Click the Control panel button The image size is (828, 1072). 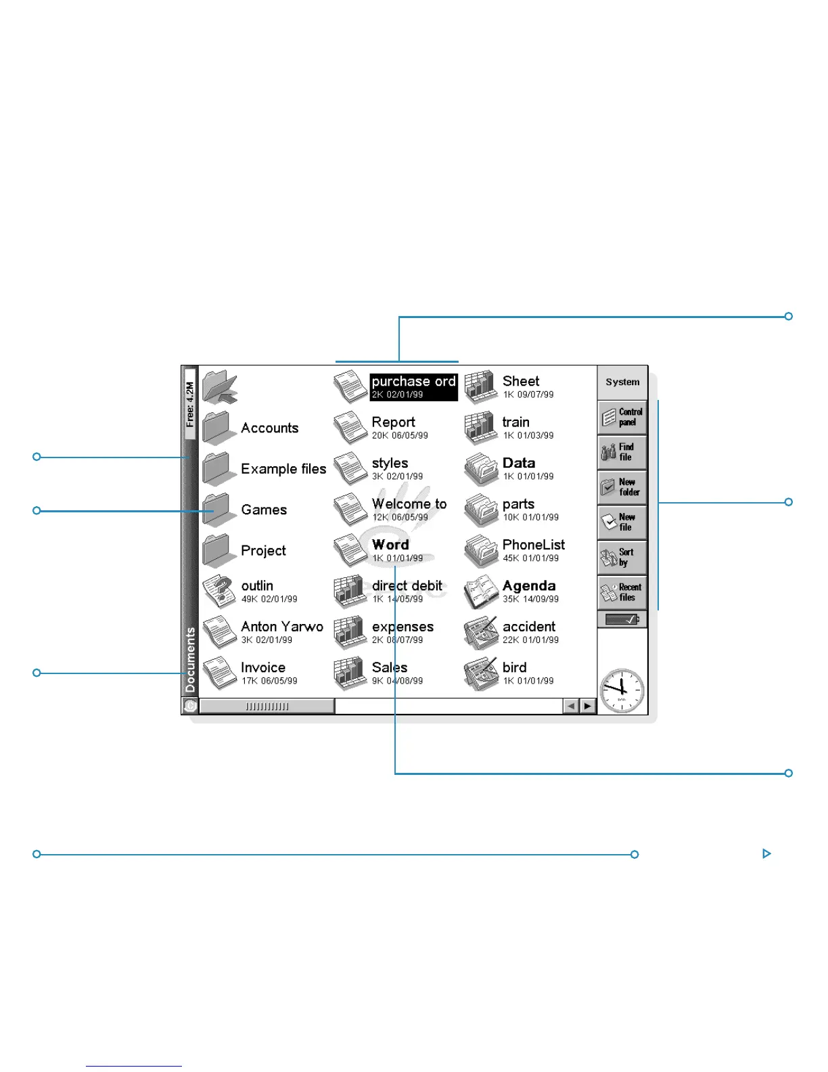point(622,417)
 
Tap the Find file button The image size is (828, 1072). point(622,452)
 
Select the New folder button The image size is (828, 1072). point(622,487)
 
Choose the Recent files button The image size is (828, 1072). point(622,592)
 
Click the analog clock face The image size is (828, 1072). point(622,690)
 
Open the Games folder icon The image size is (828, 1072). point(218,510)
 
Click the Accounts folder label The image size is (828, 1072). point(269,428)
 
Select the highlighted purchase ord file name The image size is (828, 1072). point(413,382)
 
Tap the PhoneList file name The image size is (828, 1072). point(533,545)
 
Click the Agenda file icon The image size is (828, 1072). point(481,592)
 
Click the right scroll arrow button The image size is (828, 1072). point(587,706)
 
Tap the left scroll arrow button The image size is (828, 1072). point(571,706)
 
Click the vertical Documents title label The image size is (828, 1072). point(190,659)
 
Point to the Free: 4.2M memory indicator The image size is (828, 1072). point(190,404)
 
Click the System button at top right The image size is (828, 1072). point(622,382)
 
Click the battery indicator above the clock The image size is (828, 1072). point(622,619)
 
